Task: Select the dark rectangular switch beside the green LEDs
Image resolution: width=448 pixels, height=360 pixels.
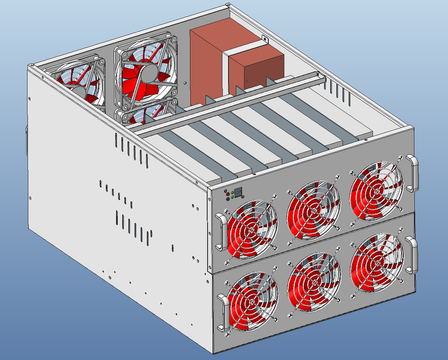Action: coord(238,192)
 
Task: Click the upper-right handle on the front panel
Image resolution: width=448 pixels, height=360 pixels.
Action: coord(413,173)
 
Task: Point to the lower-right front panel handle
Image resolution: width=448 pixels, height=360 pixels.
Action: coord(412,255)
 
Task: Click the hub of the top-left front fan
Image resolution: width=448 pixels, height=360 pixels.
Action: coord(252,228)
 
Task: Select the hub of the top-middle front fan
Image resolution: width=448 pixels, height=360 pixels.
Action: coord(313,210)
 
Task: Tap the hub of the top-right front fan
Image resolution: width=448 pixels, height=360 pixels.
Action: coord(376,191)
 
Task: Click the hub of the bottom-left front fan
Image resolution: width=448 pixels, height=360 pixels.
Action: coord(252,301)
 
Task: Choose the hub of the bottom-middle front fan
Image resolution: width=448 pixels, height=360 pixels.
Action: coord(314,282)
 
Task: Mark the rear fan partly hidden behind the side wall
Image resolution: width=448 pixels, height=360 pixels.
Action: coord(79,83)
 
